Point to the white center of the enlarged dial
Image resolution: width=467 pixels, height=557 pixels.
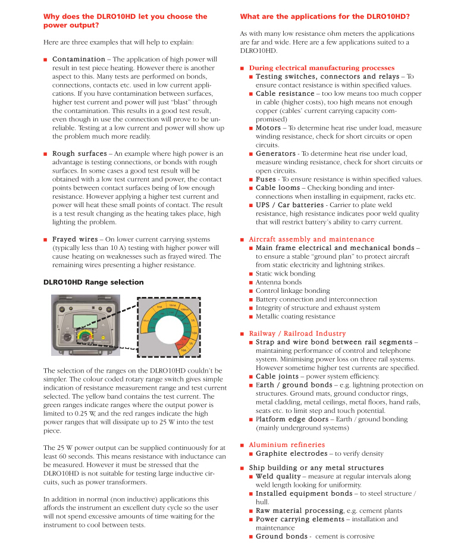pyautogui.click(x=167, y=328)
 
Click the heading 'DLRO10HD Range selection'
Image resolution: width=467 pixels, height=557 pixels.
pyautogui.click(x=93, y=282)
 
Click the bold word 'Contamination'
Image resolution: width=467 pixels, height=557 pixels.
pyautogui.click(x=79, y=60)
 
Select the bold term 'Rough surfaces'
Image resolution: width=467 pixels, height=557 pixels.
pyautogui.click(x=80, y=154)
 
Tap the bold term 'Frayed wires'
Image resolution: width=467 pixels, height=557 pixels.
pyautogui.click(x=75, y=239)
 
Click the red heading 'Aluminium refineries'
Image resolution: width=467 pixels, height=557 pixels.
pyautogui.click(x=287, y=445)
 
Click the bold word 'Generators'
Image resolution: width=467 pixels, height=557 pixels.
pyautogui.click(x=275, y=154)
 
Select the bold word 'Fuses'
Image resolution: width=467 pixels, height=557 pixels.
pyautogui.click(x=266, y=179)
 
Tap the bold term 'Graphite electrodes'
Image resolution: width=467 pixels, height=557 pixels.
pyautogui.click(x=292, y=453)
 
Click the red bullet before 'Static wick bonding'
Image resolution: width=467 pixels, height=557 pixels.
pyautogui.click(x=251, y=274)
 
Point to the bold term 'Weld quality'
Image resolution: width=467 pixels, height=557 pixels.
pyautogui.click(x=278, y=476)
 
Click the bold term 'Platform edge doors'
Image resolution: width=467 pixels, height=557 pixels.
pyautogui.click(x=292, y=419)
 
